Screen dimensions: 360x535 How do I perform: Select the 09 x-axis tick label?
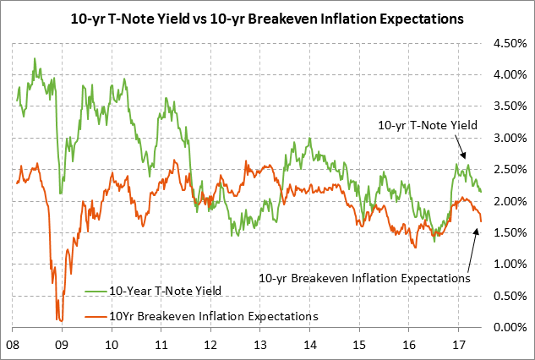pyautogui.click(x=61, y=345)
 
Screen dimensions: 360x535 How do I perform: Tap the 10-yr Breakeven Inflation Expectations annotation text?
pyautogui.click(x=364, y=276)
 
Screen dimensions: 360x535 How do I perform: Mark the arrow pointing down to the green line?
pyautogui.click(x=454, y=150)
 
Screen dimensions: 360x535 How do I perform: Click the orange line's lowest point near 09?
pyautogui.click(x=60, y=320)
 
